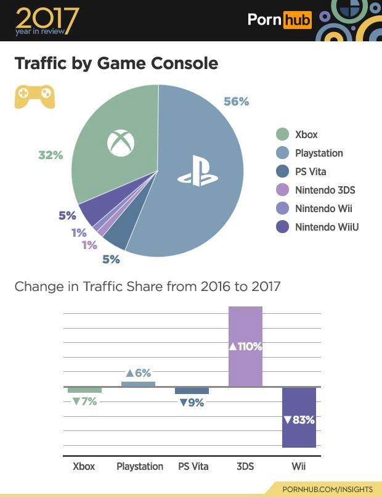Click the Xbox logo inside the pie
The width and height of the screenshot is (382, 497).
[x=120, y=143]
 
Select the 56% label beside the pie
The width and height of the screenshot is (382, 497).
[x=236, y=102]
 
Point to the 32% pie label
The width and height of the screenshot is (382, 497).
[x=51, y=155]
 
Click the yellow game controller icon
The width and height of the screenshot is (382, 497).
[x=35, y=96]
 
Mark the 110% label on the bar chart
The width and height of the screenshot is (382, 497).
[x=245, y=347]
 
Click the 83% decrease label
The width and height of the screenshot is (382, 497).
[x=299, y=420]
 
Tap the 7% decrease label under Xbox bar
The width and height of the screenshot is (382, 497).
[x=84, y=402]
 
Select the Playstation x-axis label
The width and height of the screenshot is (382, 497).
[x=140, y=466]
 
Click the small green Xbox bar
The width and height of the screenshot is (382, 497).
[x=84, y=390]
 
